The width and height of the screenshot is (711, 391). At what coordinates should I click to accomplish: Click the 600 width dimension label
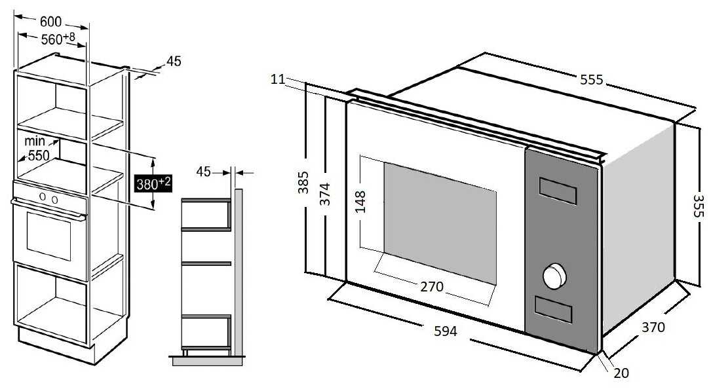(x=51, y=22)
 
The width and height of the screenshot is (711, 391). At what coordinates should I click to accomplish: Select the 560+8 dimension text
(x=58, y=39)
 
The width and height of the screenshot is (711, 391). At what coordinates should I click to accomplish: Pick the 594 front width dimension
(x=446, y=331)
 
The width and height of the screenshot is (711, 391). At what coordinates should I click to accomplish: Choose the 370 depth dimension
(x=652, y=327)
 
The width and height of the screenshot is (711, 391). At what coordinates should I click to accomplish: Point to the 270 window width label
(x=432, y=286)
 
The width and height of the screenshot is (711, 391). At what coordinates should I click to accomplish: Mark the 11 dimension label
(x=277, y=79)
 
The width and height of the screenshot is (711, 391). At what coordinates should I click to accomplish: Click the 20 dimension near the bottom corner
(x=621, y=373)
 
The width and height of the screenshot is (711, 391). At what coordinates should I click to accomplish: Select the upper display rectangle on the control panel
(x=558, y=191)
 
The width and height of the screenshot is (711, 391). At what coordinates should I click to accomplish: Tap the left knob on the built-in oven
(x=43, y=197)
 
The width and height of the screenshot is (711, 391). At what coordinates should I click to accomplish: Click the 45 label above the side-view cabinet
(x=204, y=172)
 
